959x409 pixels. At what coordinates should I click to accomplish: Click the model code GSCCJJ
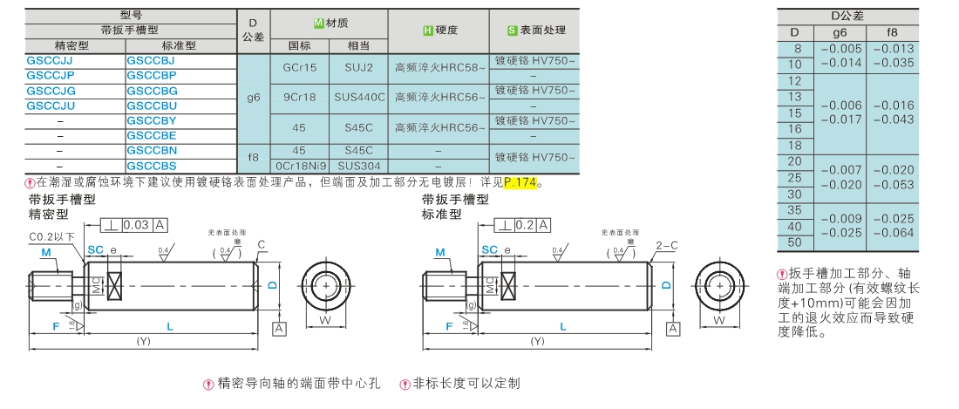point(50,61)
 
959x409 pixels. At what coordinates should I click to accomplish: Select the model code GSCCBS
point(152,165)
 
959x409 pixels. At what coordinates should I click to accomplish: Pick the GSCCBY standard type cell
point(152,120)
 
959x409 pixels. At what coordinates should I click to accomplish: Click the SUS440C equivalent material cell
point(359,98)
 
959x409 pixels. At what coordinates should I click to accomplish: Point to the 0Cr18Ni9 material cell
point(299,165)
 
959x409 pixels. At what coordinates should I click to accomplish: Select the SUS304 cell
point(359,165)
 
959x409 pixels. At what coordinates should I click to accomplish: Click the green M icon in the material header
point(319,23)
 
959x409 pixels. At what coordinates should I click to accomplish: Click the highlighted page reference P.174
point(521,182)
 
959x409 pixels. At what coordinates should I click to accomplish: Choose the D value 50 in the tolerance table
point(794,241)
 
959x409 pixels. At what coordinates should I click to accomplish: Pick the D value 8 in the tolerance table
point(794,49)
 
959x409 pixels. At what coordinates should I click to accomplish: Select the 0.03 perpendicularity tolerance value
point(136,225)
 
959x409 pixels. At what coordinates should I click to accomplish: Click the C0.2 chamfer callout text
point(51,236)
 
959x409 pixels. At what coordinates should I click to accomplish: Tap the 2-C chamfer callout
point(666,245)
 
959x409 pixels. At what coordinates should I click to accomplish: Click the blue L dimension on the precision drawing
point(170,325)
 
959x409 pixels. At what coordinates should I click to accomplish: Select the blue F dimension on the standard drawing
point(448,325)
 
